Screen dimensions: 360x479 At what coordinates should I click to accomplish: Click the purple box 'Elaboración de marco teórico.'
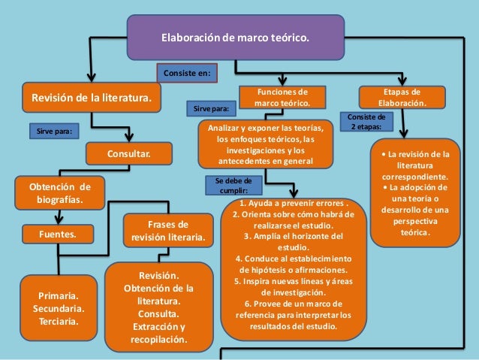[x=235, y=37]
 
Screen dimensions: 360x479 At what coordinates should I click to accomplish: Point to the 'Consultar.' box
[x=128, y=154]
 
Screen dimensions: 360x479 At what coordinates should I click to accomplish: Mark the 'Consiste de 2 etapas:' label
[x=366, y=122]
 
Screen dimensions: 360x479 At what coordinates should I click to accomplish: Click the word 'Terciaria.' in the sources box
[x=59, y=322]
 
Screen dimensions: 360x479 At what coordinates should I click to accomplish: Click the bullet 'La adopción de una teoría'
[x=415, y=203]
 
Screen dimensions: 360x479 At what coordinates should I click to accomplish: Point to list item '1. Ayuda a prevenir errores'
[x=294, y=204]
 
